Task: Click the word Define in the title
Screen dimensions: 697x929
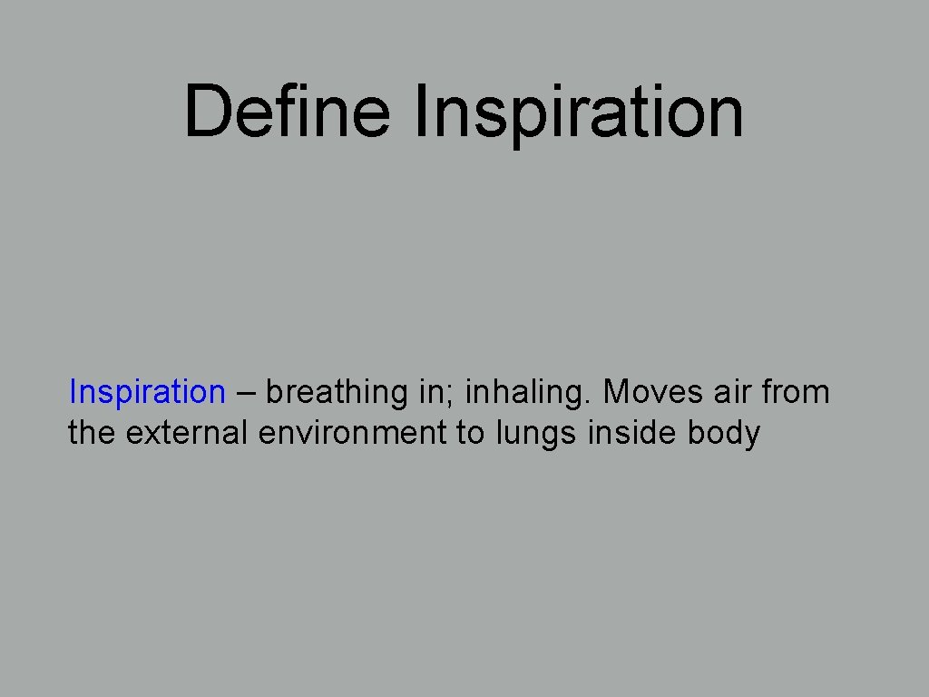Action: (x=287, y=111)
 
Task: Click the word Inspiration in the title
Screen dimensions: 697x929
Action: (x=578, y=113)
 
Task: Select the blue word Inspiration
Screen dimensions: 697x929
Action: (x=147, y=392)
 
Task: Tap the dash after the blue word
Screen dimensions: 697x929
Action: (x=246, y=393)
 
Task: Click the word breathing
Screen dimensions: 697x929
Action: (x=337, y=393)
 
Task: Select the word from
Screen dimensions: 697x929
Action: (x=796, y=392)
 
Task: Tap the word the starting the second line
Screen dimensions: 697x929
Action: (x=92, y=434)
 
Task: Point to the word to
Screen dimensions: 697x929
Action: (x=471, y=434)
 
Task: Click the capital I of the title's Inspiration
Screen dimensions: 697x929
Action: (x=420, y=111)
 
